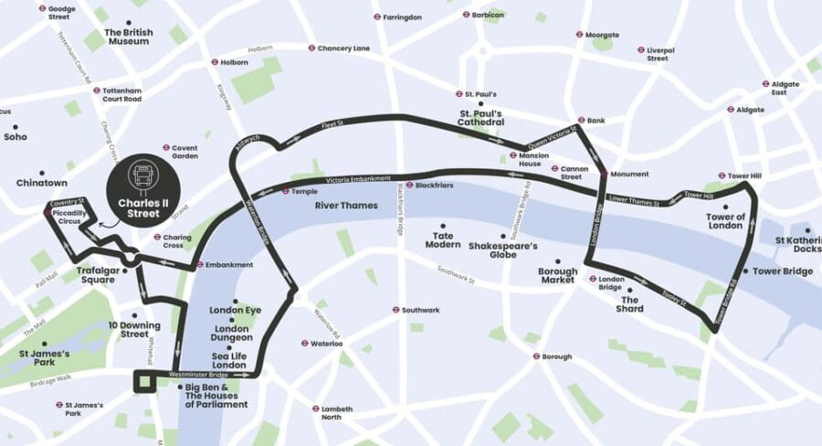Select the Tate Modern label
(x=442, y=240)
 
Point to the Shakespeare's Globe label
(x=503, y=250)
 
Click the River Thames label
(x=346, y=206)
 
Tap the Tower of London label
(x=725, y=221)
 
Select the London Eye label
(x=235, y=310)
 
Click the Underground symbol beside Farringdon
(x=375, y=17)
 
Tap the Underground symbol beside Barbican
(x=466, y=15)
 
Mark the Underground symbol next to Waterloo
(x=304, y=344)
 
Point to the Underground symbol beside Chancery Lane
(x=311, y=48)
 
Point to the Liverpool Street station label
(x=658, y=54)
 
